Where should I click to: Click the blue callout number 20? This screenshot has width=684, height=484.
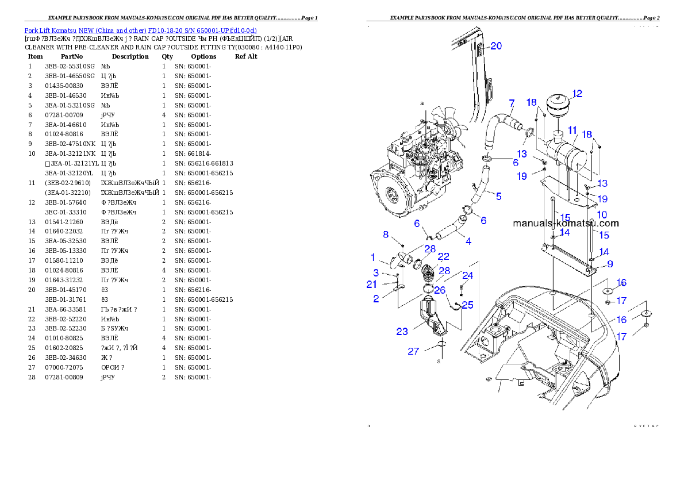495,46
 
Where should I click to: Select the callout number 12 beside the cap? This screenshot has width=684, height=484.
577,94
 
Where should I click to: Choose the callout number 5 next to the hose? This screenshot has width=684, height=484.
498,197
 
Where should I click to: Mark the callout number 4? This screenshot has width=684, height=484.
468,241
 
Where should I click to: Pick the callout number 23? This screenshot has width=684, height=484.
402,331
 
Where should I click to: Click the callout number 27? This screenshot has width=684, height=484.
413,351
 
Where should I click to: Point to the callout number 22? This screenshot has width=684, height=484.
443,257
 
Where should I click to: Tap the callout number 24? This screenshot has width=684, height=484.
468,276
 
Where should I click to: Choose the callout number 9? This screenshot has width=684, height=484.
610,264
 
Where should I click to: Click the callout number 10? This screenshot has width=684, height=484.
602,214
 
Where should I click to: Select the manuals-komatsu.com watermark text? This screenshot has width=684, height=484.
566,224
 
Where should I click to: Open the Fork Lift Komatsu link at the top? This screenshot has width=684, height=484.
140,30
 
